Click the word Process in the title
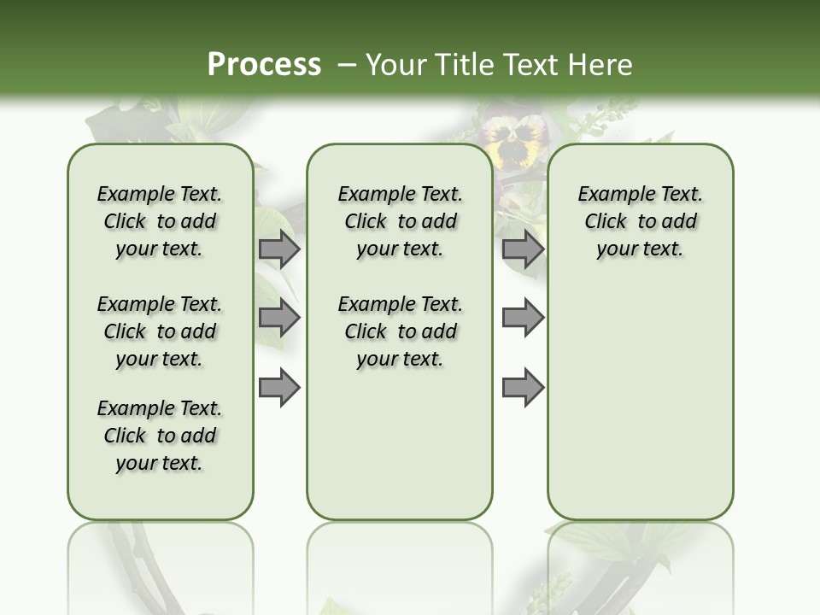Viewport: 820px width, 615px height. point(264,64)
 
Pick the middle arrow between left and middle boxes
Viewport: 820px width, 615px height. point(279,318)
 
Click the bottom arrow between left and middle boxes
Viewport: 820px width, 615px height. point(279,387)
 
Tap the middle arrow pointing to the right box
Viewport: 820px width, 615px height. point(523,318)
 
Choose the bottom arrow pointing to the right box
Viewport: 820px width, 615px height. point(523,387)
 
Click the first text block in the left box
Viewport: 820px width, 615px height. point(160,221)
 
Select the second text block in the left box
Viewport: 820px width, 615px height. point(160,331)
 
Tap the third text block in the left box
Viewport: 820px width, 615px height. point(160,436)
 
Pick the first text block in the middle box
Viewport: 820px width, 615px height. point(400,221)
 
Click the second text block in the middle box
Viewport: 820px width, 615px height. point(400,331)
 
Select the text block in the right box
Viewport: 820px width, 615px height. point(640,221)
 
